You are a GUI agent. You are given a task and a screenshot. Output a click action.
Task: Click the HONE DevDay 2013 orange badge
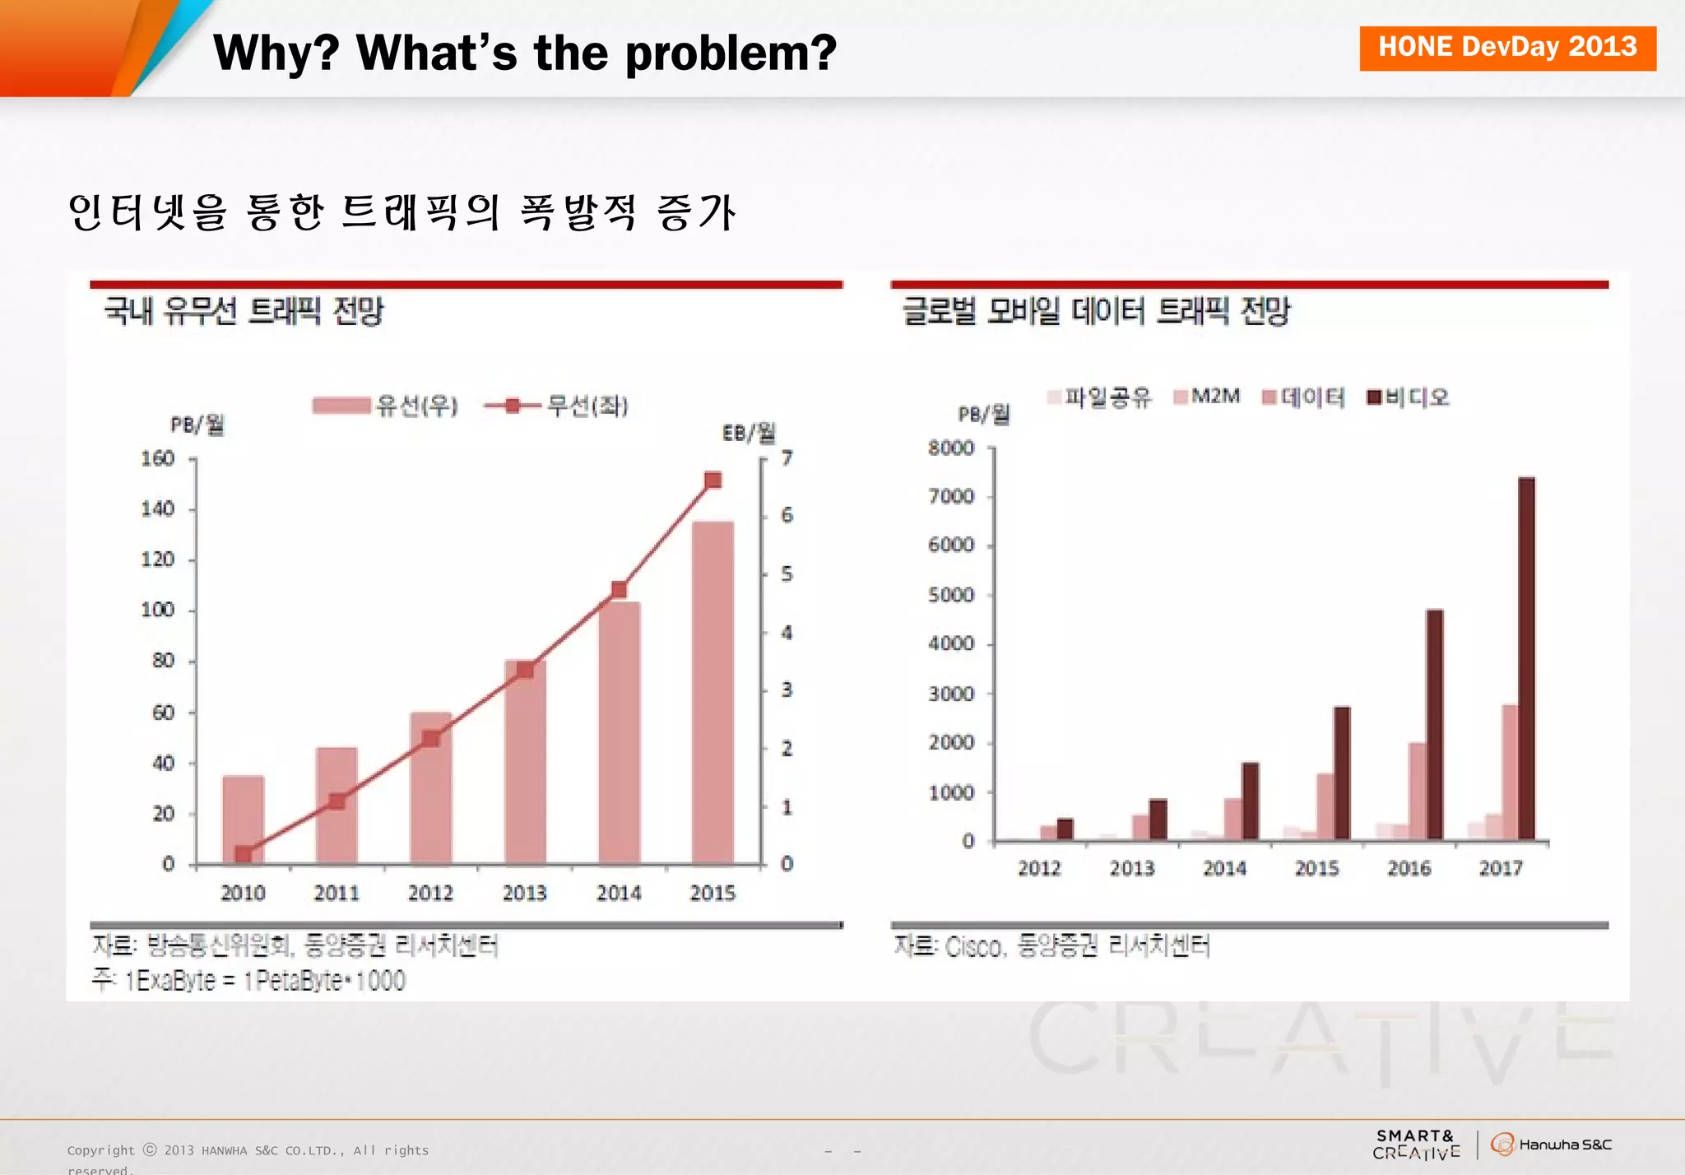tap(1506, 48)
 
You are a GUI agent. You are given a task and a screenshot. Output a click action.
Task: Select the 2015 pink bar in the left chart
tap(713, 691)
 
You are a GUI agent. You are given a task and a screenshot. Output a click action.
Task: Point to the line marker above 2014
tap(620, 589)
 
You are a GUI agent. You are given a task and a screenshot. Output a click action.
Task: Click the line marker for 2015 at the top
tap(713, 480)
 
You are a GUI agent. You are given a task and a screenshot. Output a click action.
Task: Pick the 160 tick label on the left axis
tap(157, 458)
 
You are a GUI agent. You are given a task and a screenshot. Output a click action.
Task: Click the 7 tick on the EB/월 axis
tap(787, 457)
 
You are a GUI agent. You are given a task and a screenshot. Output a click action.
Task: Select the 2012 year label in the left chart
tap(430, 893)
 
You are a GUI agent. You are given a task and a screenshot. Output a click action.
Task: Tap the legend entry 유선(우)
tap(387, 406)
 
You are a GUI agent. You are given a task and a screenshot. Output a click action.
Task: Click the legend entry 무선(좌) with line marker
tap(557, 406)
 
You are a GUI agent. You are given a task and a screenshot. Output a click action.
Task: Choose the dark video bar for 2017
tap(1526, 658)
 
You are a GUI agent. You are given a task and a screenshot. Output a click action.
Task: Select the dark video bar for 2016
tap(1434, 724)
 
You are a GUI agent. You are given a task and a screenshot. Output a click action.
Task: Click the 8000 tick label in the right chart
tap(951, 448)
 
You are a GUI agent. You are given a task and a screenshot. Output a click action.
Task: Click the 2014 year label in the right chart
tap(1224, 868)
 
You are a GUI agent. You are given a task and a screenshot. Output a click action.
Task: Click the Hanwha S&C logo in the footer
tap(1551, 1145)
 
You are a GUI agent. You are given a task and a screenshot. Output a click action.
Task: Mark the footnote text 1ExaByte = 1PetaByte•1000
tap(265, 981)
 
